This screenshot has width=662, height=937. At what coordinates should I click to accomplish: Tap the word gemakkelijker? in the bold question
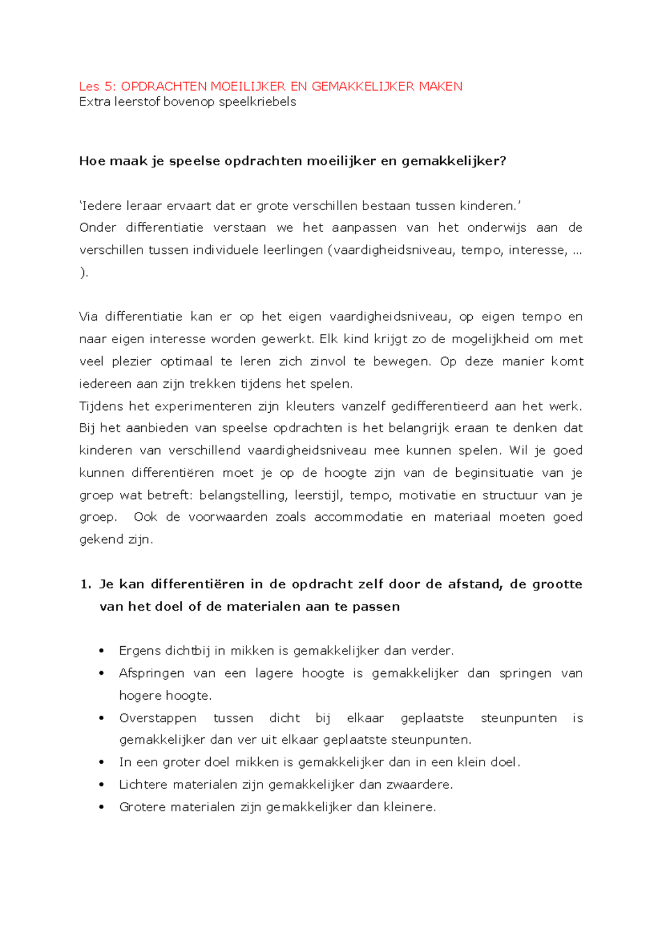pyautogui.click(x=453, y=161)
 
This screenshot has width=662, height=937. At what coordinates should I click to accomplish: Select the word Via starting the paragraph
pyautogui.click(x=88, y=317)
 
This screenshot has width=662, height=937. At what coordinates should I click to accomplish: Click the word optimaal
pyautogui.click(x=186, y=361)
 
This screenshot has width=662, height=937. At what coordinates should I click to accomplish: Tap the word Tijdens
pyautogui.click(x=100, y=406)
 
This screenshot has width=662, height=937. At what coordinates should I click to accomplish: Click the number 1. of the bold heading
pyautogui.click(x=86, y=584)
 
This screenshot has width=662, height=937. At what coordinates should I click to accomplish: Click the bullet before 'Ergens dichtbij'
pyautogui.click(x=102, y=651)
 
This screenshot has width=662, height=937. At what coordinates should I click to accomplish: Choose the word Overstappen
pyautogui.click(x=158, y=718)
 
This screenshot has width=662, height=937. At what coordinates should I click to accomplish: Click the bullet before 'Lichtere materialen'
pyautogui.click(x=102, y=785)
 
